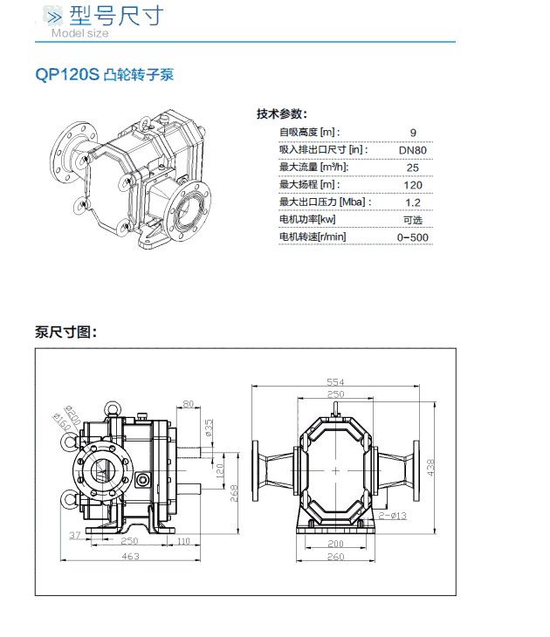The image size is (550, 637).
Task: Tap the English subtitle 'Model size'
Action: pyautogui.click(x=79, y=34)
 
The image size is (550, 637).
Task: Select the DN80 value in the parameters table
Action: pyautogui.click(x=412, y=150)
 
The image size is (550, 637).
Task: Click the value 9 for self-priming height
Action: pyautogui.click(x=413, y=133)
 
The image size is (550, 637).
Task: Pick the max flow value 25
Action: pyautogui.click(x=413, y=168)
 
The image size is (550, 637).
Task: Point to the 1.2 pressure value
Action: pyautogui.click(x=413, y=202)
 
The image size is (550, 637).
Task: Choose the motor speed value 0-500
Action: pyautogui.click(x=413, y=237)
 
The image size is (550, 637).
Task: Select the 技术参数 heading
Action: pyautogui.click(x=281, y=114)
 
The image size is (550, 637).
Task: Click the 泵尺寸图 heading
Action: pyautogui.click(x=65, y=332)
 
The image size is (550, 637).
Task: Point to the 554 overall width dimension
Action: pyautogui.click(x=335, y=382)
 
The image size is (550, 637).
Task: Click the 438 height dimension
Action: pyautogui.click(x=430, y=469)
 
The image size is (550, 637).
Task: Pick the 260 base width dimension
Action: pyautogui.click(x=335, y=557)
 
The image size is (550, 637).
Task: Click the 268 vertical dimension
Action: pyautogui.click(x=234, y=493)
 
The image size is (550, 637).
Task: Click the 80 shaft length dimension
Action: pyautogui.click(x=189, y=404)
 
